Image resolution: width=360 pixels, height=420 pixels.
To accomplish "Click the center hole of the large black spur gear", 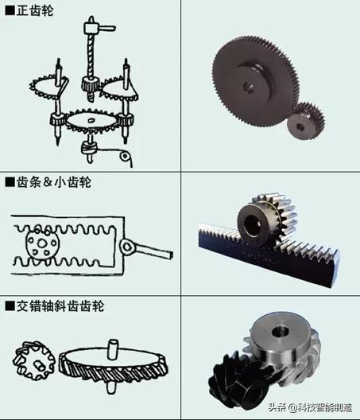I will (253, 81).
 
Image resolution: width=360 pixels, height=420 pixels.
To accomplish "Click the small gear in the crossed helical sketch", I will (35, 363).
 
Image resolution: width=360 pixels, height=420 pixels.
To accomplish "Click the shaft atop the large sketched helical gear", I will (110, 348).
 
